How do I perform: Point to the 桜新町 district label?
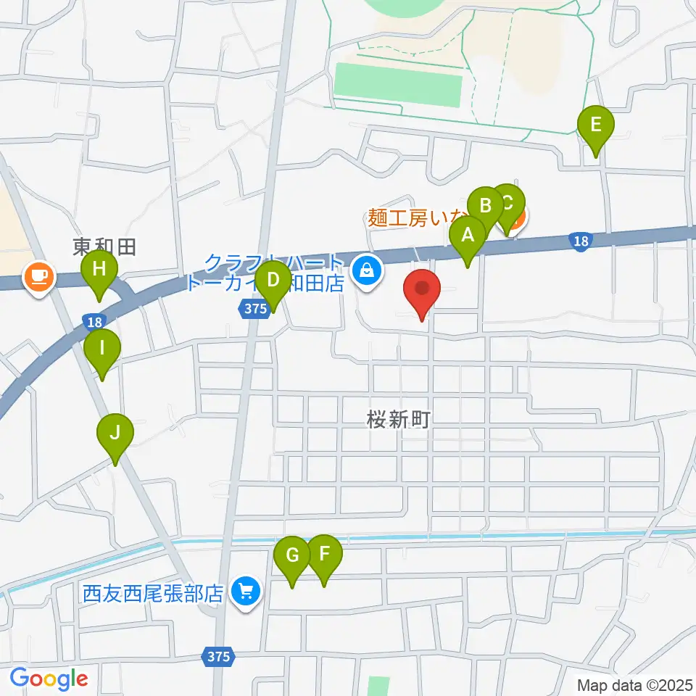pos(399,420)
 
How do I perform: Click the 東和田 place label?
pos(104,247)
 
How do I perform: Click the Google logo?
pos(49,679)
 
